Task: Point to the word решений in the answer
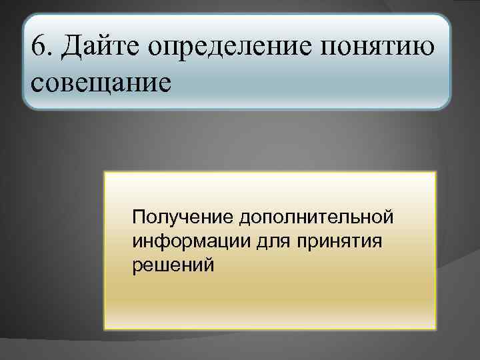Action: pos(173,265)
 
